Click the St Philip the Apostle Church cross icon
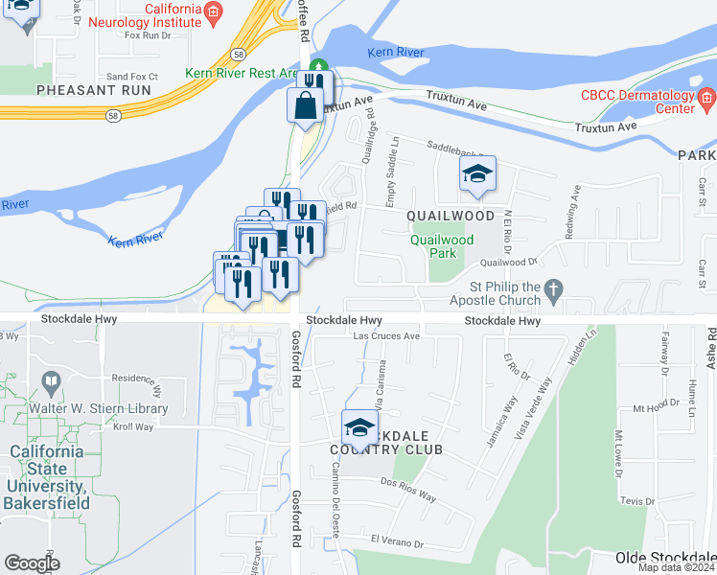(553, 287)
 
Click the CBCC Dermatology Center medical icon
(707, 96)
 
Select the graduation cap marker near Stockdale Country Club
(359, 426)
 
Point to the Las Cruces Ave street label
(387, 336)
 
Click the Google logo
(33, 563)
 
